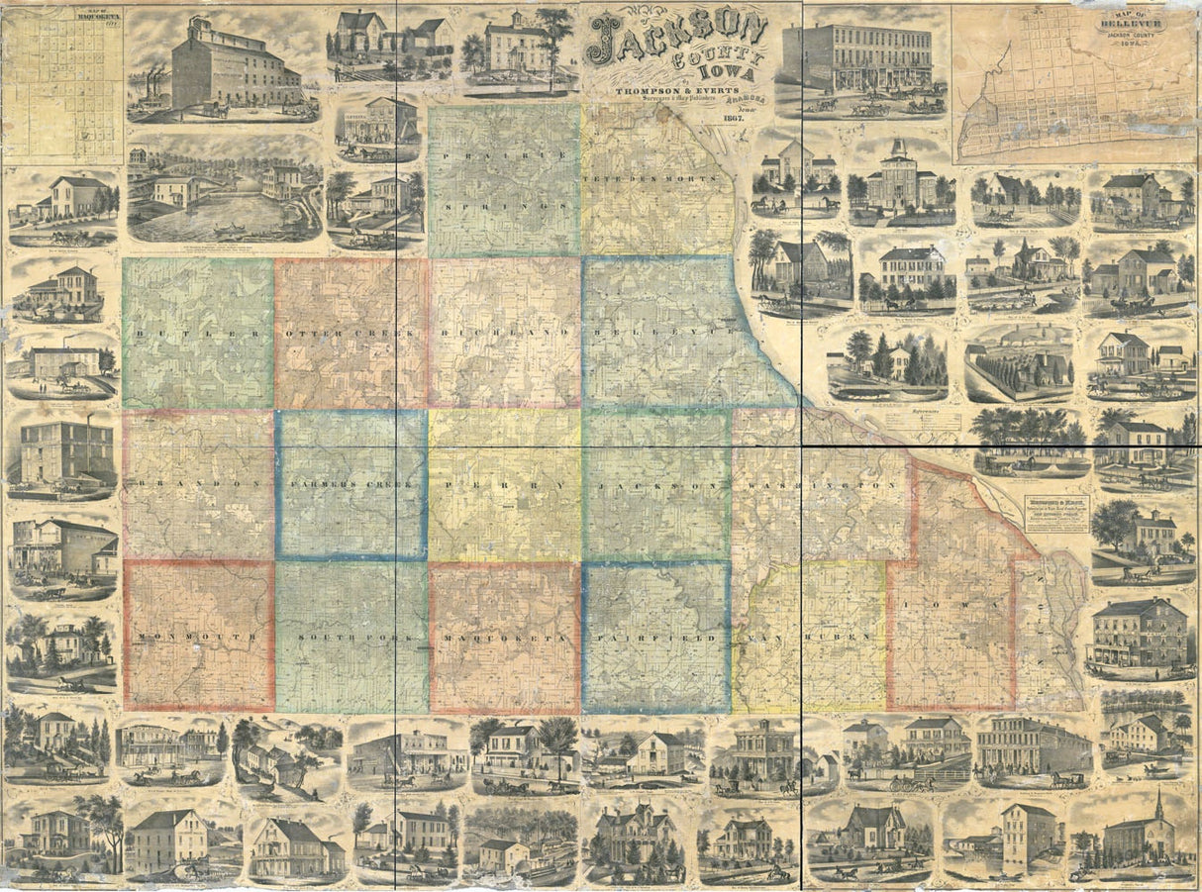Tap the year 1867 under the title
coord(733,119)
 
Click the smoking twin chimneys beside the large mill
coord(155,76)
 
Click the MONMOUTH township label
coord(197,636)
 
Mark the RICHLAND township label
coord(504,335)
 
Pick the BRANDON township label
coord(197,485)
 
